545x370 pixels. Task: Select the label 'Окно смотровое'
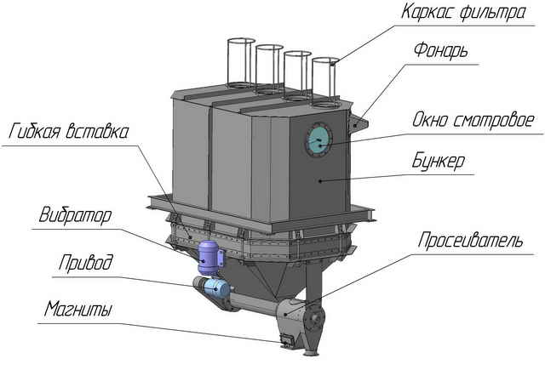473,120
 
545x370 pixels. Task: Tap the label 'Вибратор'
75,214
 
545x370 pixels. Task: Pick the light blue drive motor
215,287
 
